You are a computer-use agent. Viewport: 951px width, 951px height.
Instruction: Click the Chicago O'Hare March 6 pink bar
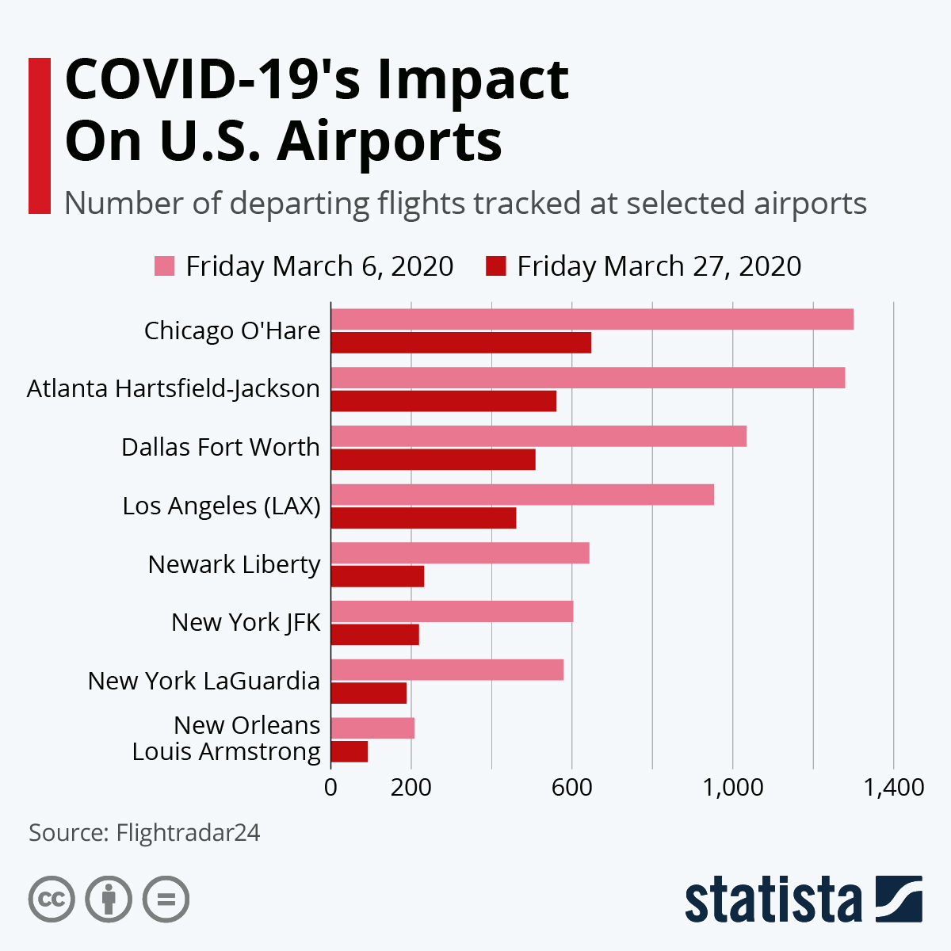click(x=592, y=319)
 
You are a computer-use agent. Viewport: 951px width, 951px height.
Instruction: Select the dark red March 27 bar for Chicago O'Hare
click(x=460, y=342)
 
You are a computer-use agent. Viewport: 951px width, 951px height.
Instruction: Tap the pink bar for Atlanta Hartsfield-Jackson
click(x=587, y=378)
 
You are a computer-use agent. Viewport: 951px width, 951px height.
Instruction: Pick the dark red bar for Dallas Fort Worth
click(x=433, y=460)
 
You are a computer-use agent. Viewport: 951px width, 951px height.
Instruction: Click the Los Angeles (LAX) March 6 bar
click(x=521, y=495)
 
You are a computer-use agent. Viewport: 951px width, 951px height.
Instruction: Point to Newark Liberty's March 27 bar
click(x=377, y=576)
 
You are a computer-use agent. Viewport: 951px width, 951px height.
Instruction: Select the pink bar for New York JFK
click(x=452, y=612)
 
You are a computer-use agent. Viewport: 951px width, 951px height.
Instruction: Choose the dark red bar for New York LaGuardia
click(x=369, y=693)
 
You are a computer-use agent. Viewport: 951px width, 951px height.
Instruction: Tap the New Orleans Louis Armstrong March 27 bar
click(x=349, y=751)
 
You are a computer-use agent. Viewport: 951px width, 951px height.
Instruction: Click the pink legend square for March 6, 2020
click(x=164, y=266)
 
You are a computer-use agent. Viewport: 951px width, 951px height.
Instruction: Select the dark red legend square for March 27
click(x=495, y=266)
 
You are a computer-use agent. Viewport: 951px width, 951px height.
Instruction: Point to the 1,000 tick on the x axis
click(x=732, y=787)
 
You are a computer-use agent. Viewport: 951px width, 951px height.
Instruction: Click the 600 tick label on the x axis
click(x=571, y=787)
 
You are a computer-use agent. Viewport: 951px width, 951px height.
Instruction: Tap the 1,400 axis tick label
click(x=893, y=787)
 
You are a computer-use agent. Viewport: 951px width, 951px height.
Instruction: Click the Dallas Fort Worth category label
click(x=220, y=447)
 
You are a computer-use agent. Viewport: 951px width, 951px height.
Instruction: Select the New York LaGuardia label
click(x=204, y=681)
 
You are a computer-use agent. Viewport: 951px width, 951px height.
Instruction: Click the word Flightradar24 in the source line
click(x=188, y=833)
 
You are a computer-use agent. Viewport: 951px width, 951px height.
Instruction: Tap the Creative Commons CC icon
click(x=52, y=899)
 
